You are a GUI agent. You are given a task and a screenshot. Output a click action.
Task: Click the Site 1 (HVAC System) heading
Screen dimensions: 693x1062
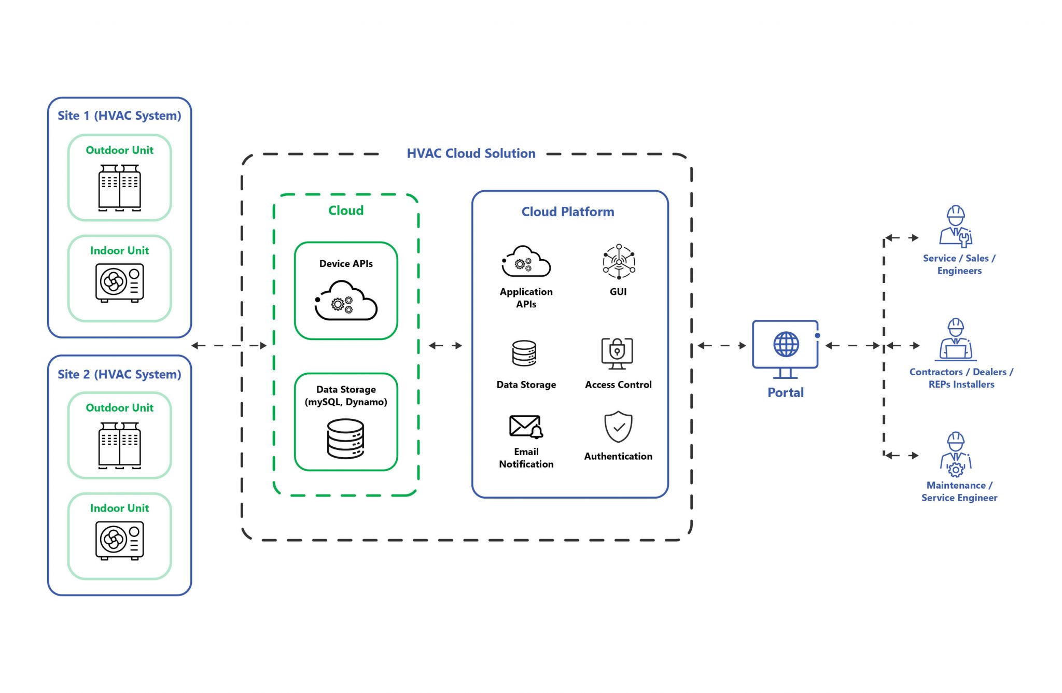click(119, 116)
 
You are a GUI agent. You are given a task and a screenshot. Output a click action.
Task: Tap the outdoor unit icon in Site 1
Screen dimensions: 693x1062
click(120, 188)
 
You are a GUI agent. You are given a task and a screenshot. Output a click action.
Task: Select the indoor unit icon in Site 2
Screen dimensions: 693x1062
click(120, 541)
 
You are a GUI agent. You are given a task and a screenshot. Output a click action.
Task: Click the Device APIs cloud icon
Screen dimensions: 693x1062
click(346, 301)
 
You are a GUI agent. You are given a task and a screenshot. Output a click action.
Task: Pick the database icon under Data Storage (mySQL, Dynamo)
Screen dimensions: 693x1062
click(346, 439)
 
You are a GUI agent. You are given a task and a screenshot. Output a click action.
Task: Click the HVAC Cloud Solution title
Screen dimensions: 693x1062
click(471, 153)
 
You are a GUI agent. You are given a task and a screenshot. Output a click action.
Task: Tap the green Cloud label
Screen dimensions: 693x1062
click(346, 210)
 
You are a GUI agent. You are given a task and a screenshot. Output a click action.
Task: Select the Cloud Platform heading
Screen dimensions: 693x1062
click(568, 211)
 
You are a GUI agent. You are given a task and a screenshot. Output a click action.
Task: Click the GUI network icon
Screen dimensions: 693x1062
click(619, 261)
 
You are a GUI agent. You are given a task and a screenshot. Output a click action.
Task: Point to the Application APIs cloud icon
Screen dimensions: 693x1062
click(526, 262)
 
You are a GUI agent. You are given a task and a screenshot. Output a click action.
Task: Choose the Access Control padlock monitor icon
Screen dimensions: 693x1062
click(617, 353)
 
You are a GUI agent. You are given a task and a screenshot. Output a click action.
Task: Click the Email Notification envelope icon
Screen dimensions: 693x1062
click(526, 427)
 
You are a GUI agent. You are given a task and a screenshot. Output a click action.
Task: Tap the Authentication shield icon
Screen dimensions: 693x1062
click(618, 427)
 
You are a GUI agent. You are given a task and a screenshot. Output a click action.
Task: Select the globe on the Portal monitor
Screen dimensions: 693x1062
click(786, 344)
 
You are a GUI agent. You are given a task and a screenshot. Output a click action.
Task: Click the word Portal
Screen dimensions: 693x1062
click(786, 392)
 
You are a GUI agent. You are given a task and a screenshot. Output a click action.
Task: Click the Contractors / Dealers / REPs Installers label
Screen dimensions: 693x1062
click(961, 378)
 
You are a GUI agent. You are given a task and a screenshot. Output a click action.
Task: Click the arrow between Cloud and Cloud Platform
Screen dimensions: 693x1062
click(445, 345)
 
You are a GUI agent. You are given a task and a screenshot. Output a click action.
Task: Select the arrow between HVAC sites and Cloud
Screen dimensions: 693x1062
click(229, 345)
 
